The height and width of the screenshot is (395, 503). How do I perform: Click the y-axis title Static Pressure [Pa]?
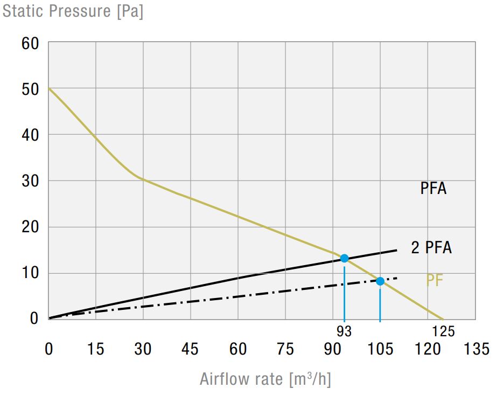click(73, 11)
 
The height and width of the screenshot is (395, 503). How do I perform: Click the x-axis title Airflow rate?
click(265, 379)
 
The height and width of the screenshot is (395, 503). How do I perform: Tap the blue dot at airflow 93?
click(344, 258)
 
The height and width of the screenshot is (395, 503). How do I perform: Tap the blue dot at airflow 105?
click(380, 281)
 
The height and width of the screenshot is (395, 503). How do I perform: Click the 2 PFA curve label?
click(431, 248)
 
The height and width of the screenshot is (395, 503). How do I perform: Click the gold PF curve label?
click(434, 281)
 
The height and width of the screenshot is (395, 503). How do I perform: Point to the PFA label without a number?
click(434, 189)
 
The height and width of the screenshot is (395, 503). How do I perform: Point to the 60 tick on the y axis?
click(30, 43)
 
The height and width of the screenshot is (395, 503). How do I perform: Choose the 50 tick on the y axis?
click(30, 89)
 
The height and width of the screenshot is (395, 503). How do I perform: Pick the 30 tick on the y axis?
click(30, 181)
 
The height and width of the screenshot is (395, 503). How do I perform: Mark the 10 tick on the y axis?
click(30, 273)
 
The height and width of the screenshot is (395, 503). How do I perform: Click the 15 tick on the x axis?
click(95, 349)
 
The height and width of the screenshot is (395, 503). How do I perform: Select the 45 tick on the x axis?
click(190, 349)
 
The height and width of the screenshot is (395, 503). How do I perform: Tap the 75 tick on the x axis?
click(285, 349)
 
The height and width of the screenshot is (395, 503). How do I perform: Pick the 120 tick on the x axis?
click(428, 349)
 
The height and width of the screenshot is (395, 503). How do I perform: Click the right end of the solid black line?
click(396, 250)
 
